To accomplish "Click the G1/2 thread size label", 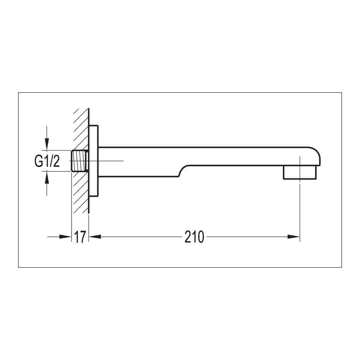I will (47, 161).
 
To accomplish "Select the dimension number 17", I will (80, 237).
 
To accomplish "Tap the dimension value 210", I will (194, 237).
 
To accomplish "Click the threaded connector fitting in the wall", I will (80, 161).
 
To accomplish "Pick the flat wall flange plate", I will (94, 161).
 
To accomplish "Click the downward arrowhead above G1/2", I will (46, 144).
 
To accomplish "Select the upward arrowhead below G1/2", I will (46, 177).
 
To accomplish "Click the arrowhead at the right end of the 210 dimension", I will (294, 237).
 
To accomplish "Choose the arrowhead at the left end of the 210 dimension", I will (94, 237).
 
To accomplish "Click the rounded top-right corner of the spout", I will (316, 151).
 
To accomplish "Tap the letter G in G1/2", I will (39, 161).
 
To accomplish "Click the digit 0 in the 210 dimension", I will (200, 237).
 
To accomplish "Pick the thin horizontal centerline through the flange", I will (112, 161).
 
